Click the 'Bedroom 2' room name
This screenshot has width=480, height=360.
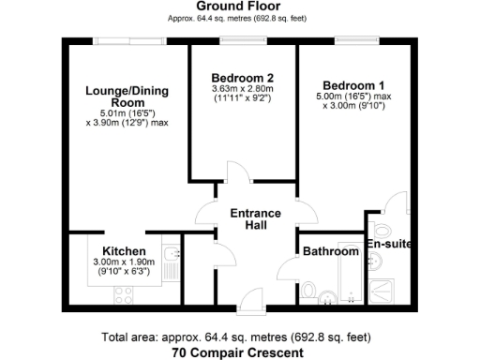point(242,77)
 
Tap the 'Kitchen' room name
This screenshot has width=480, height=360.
point(124,251)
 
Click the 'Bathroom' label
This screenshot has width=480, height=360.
point(330,251)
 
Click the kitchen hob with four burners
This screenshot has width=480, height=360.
point(124,294)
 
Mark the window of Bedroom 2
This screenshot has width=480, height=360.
point(242,39)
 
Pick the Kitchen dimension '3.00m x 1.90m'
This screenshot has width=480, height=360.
point(124,262)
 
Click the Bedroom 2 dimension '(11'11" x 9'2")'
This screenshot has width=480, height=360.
point(242,97)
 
